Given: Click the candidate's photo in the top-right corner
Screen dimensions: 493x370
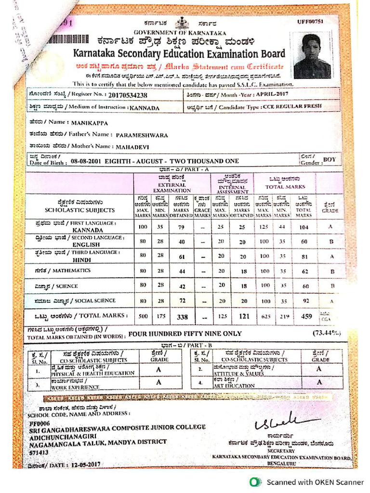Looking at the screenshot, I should [x=312, y=55].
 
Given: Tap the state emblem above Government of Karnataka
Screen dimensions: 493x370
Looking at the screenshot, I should [x=183, y=24].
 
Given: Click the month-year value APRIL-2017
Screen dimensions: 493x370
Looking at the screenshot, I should [x=272, y=94].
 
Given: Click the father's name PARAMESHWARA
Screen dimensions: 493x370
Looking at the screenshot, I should [x=142, y=135].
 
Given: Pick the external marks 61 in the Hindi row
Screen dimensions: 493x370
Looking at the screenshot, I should [x=182, y=257].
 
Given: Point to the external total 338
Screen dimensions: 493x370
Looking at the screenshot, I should [x=182, y=317].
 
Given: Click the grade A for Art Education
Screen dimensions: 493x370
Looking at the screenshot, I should [x=318, y=382].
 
